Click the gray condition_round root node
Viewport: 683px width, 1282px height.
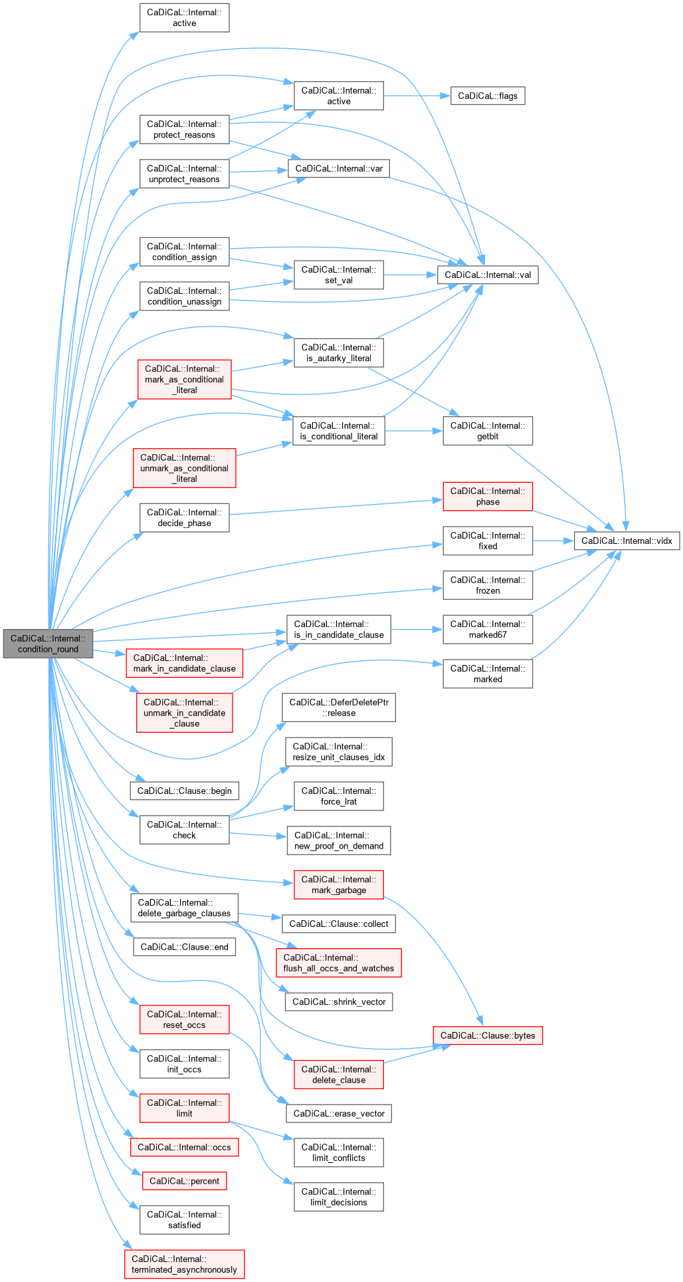(x=48, y=644)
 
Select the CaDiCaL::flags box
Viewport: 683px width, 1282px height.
(x=488, y=96)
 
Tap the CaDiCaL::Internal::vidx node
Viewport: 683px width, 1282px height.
(x=627, y=541)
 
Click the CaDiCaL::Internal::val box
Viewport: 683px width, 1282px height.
(x=488, y=275)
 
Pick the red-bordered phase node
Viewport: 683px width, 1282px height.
(x=488, y=497)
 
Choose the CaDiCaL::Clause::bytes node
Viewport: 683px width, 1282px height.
(x=488, y=1035)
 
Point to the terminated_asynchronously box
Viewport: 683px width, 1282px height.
(x=184, y=1264)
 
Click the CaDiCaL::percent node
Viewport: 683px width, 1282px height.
(x=184, y=1181)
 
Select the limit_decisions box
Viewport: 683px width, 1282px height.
(x=339, y=1197)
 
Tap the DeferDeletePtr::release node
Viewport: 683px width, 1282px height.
(x=339, y=707)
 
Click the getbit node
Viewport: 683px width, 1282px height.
(x=488, y=431)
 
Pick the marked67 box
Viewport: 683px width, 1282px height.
(x=488, y=629)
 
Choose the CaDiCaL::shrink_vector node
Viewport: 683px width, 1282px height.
(x=339, y=1001)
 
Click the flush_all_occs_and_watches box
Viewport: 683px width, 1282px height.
(x=339, y=963)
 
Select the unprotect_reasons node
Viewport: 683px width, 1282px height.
(x=184, y=174)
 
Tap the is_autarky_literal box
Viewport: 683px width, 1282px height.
(x=339, y=352)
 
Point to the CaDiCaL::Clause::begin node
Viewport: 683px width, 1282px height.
(x=184, y=791)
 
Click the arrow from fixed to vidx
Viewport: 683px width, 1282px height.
(x=553, y=541)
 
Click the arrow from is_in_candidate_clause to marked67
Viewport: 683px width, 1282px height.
(x=417, y=629)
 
